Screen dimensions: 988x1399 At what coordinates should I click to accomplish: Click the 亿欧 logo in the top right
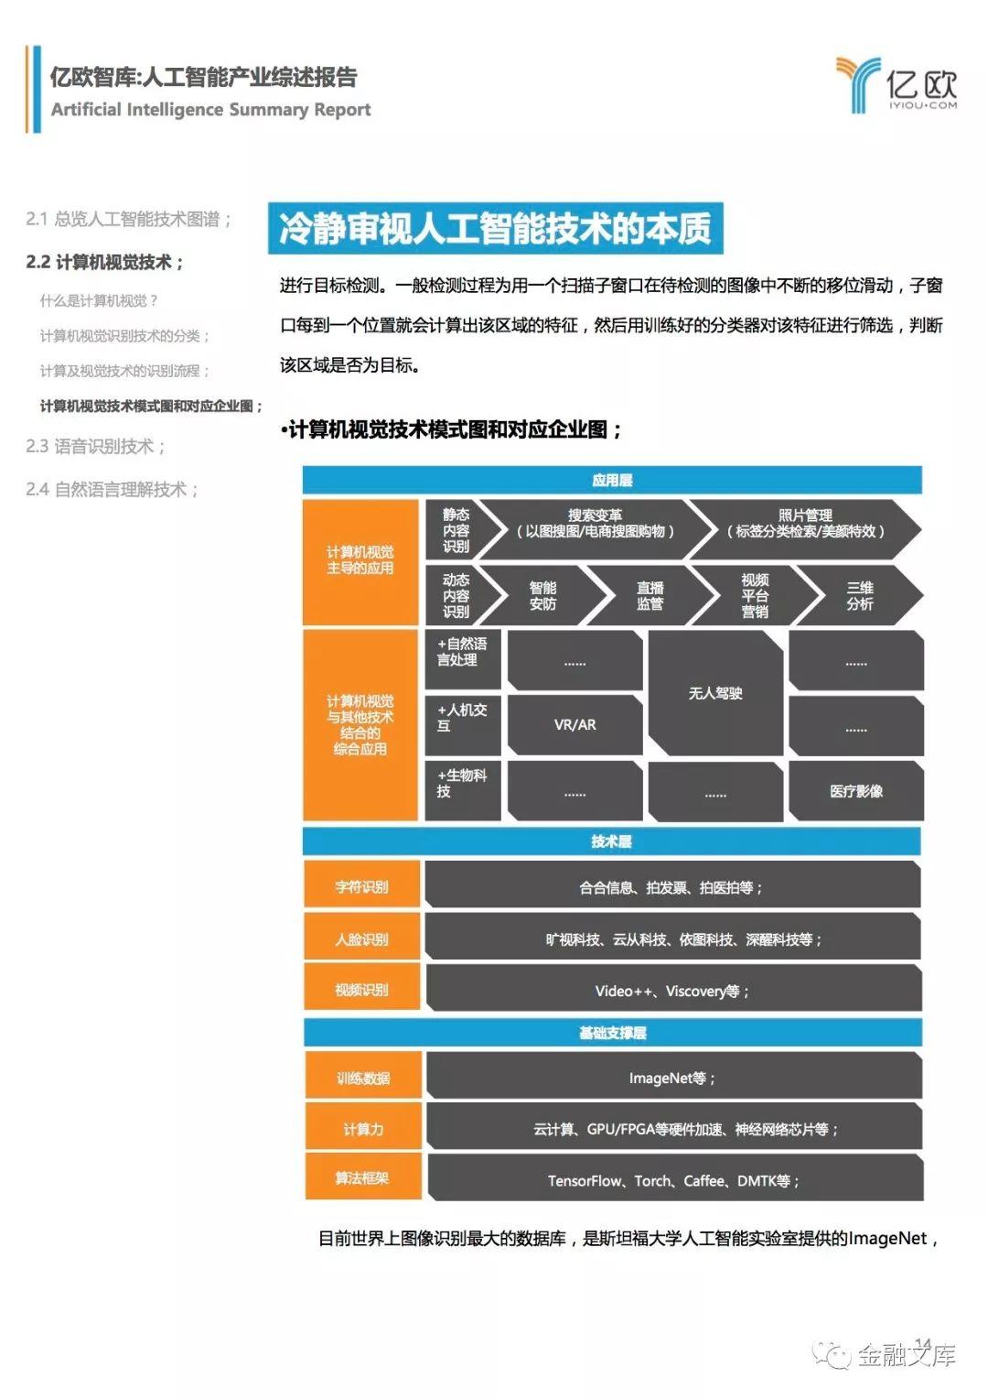coord(897,85)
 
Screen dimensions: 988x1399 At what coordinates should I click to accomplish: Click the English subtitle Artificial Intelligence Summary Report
coord(211,110)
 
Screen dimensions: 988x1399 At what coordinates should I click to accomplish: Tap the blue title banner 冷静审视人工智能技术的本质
coord(496,228)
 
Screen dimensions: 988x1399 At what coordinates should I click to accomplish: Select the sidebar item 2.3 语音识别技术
coord(95,447)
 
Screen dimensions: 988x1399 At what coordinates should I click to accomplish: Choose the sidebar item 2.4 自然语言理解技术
coord(112,489)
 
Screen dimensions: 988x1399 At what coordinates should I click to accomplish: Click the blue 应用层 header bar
coord(612,480)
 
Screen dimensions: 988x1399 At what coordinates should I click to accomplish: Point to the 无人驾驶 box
coord(715,692)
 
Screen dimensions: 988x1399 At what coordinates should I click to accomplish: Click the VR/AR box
coord(575,724)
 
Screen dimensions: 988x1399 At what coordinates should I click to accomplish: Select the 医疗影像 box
coord(855,791)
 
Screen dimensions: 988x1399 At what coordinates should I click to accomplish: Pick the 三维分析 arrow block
coord(859,595)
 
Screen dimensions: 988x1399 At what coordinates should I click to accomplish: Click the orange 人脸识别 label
coord(362,938)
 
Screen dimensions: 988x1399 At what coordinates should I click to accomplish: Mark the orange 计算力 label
coord(363,1129)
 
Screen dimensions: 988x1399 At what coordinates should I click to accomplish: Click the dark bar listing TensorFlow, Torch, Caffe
coord(674,1180)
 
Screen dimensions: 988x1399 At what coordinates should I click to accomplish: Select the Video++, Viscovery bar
coord(672,991)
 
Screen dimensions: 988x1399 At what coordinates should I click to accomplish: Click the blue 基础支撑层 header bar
coord(612,1033)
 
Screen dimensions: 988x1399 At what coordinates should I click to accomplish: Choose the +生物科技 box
coord(463,790)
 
